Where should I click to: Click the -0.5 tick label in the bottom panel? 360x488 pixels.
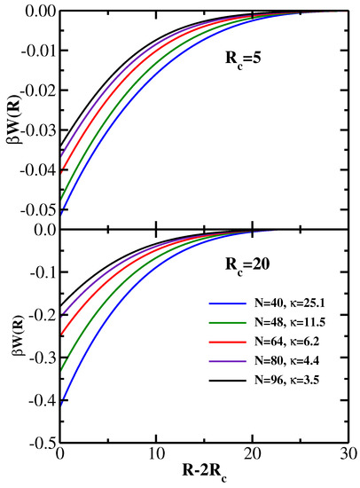(40, 442)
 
